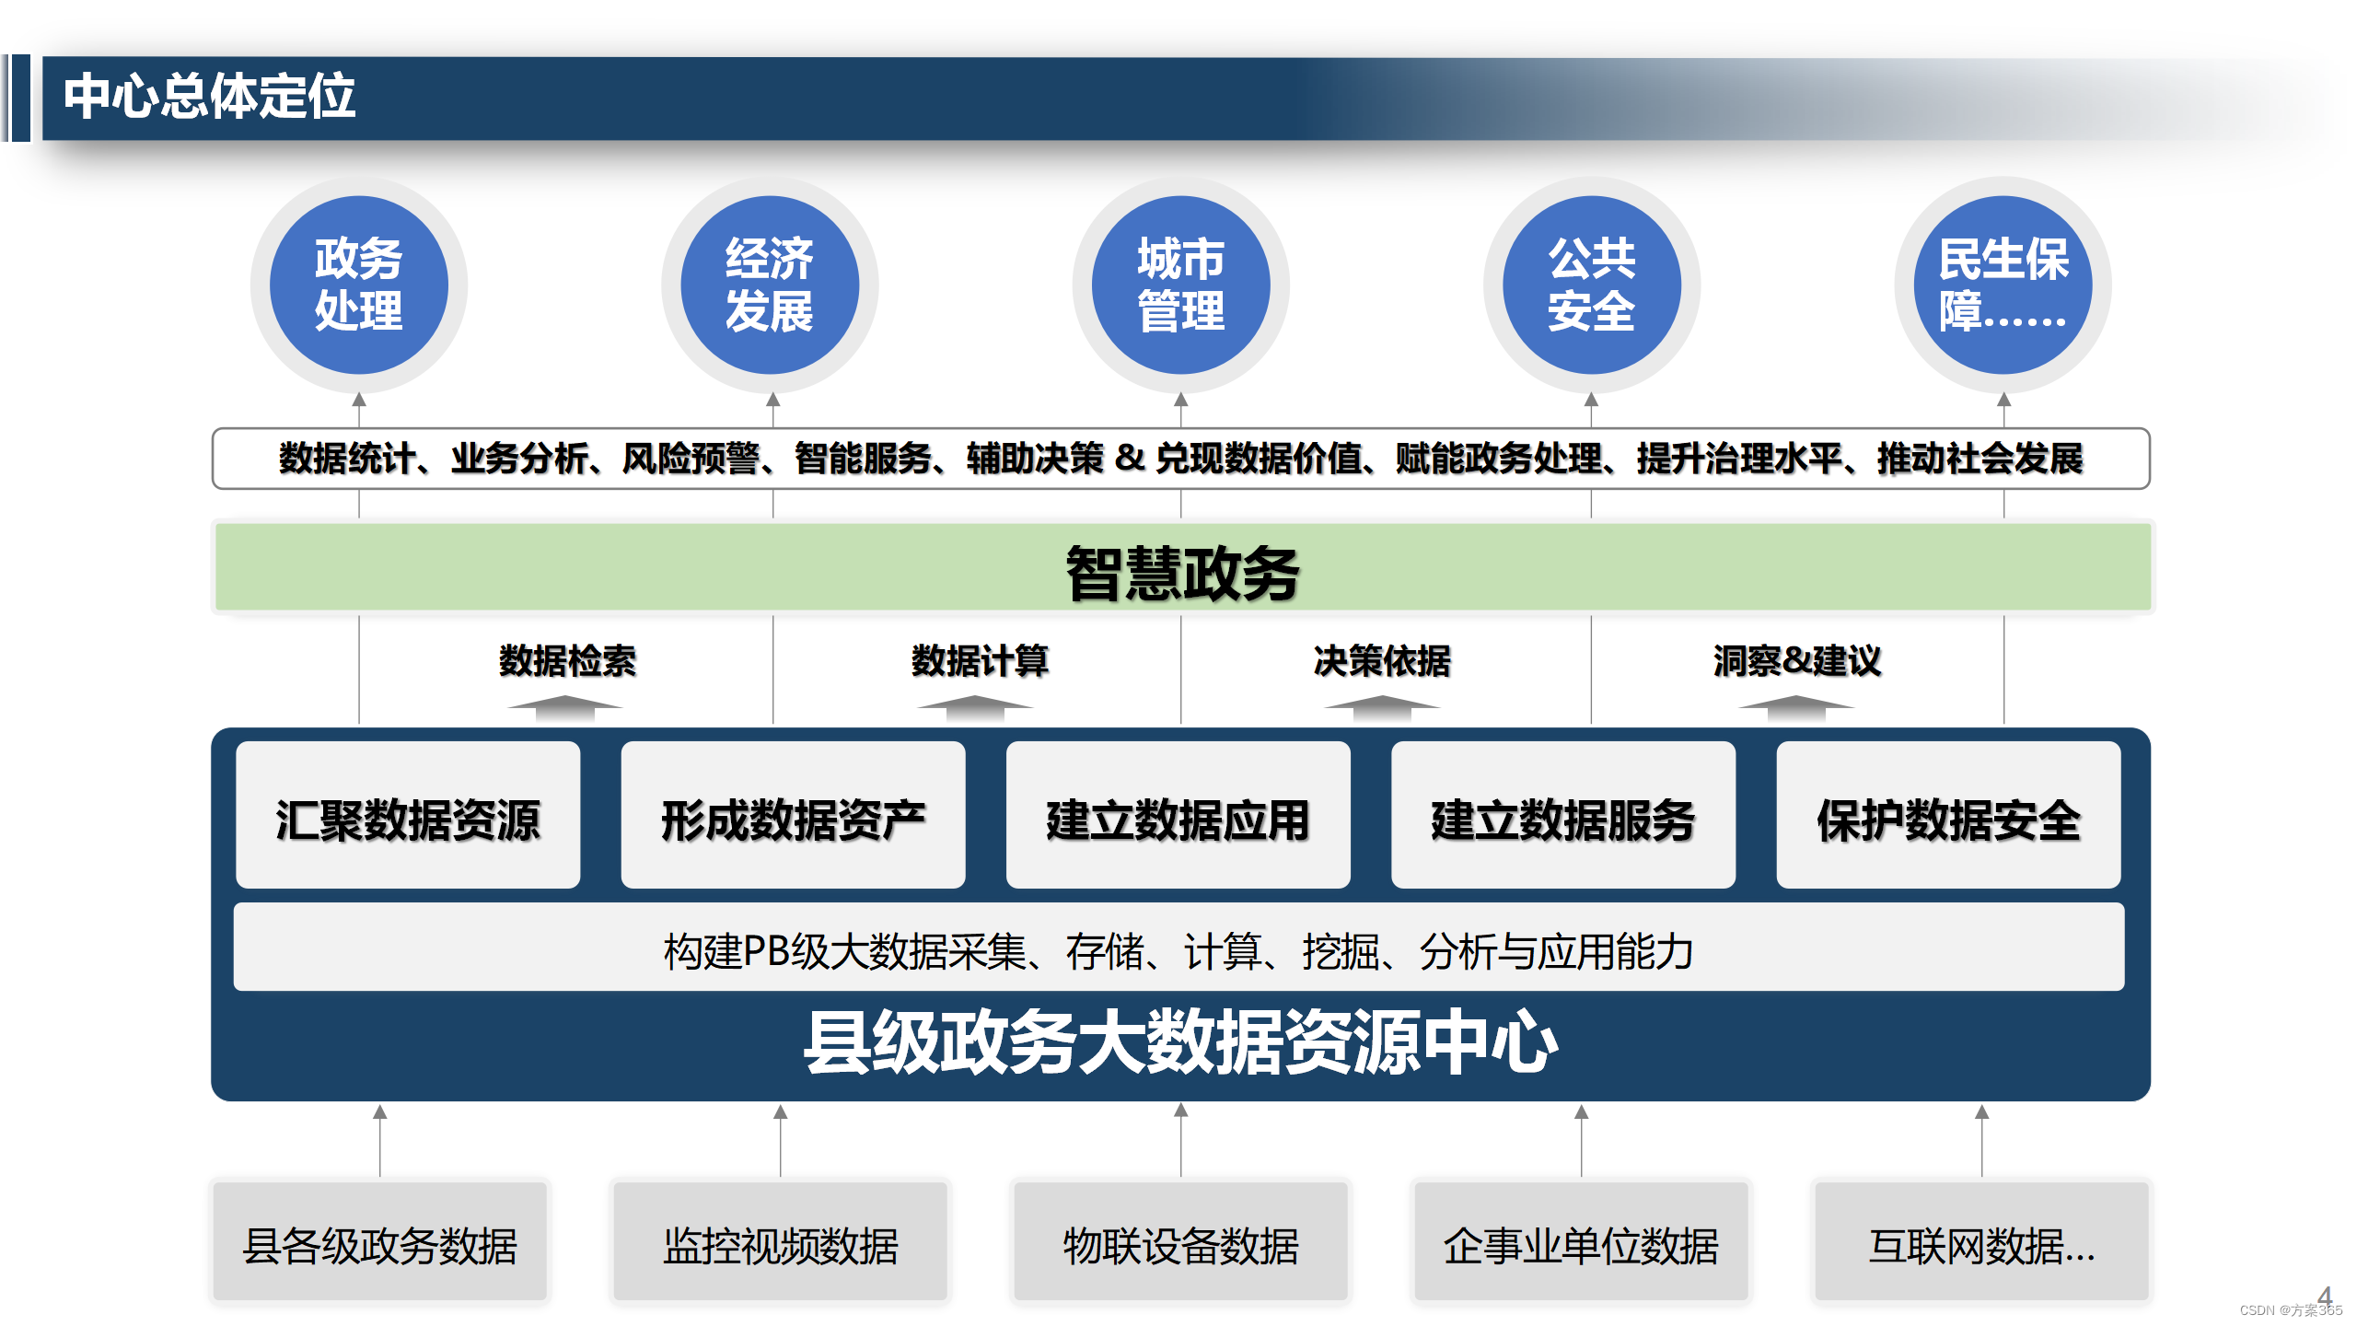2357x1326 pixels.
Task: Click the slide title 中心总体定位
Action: tap(209, 97)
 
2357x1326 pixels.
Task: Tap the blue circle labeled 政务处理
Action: tap(358, 285)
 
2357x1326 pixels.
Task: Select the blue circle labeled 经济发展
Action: tap(770, 285)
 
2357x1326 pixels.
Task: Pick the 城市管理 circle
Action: tap(1180, 285)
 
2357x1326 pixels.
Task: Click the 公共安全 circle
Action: tap(1591, 285)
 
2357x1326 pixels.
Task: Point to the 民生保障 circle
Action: tap(2003, 285)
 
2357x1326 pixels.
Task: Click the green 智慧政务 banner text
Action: tap(1182, 573)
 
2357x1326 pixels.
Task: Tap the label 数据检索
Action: tap(567, 661)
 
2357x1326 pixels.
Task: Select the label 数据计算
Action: tap(980, 661)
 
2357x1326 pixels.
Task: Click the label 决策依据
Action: tap(1382, 661)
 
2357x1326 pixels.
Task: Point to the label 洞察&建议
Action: tap(1796, 661)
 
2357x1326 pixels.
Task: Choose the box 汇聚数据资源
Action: tap(408, 818)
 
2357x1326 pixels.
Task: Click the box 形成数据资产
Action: tap(793, 818)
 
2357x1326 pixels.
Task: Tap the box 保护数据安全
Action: tap(1948, 818)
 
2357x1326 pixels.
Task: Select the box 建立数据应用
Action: tap(1178, 818)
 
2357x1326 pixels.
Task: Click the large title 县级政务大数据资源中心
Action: tap(1180, 1043)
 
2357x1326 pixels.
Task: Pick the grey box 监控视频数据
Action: tap(780, 1244)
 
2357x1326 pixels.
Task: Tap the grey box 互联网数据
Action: tap(1981, 1244)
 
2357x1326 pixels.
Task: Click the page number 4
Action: tap(2324, 1297)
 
